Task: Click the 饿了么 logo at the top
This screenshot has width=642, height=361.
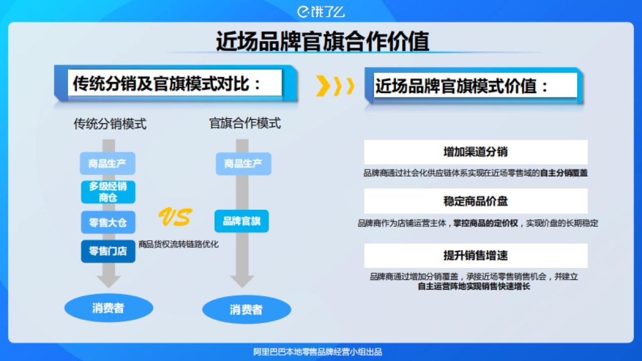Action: (320, 11)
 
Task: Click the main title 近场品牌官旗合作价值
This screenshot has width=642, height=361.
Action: (322, 41)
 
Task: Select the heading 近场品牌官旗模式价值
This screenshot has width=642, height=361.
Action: (462, 86)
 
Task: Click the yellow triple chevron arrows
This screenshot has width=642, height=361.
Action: (335, 86)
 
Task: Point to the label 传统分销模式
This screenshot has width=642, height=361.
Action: (110, 124)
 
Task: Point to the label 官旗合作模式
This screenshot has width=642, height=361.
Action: (244, 124)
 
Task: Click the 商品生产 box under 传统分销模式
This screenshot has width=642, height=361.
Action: (108, 163)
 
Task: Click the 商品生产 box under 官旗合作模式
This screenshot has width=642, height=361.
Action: (243, 164)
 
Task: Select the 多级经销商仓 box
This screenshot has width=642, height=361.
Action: (108, 192)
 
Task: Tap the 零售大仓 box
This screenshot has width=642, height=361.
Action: (108, 222)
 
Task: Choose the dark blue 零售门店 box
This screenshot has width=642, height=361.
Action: (108, 251)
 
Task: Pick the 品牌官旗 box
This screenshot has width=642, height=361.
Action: (241, 221)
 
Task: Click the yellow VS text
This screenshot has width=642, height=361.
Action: (174, 217)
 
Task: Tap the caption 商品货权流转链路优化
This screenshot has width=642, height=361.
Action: (178, 244)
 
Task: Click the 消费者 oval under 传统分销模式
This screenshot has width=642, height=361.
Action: (108, 308)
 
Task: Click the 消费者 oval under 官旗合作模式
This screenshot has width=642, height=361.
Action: (246, 309)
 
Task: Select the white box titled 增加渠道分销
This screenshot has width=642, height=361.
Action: (476, 152)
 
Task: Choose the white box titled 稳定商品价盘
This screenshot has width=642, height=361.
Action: (476, 201)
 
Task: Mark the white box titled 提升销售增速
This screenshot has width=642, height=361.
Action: (476, 256)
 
